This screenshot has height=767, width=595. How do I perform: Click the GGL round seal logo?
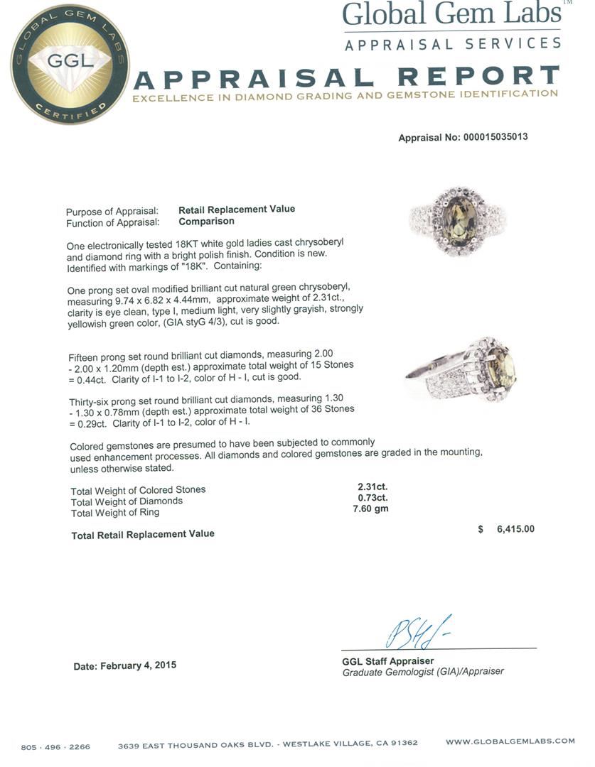click(70, 64)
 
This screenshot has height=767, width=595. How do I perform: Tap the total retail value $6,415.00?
click(505, 529)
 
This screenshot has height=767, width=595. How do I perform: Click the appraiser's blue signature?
click(418, 632)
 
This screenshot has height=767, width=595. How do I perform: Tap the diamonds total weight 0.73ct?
click(372, 498)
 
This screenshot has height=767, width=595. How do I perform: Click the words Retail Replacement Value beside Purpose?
click(236, 210)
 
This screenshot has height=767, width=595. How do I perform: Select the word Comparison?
click(206, 222)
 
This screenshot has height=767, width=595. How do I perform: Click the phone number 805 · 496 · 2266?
click(55, 746)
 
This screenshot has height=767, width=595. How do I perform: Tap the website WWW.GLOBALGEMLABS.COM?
click(510, 741)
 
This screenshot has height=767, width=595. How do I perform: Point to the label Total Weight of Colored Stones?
click(138, 490)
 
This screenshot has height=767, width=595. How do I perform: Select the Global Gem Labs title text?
click(452, 13)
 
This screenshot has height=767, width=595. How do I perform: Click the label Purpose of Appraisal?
click(112, 212)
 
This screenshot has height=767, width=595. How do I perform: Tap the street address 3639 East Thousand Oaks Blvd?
click(198, 744)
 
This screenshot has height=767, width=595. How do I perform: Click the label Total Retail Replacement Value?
click(142, 534)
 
